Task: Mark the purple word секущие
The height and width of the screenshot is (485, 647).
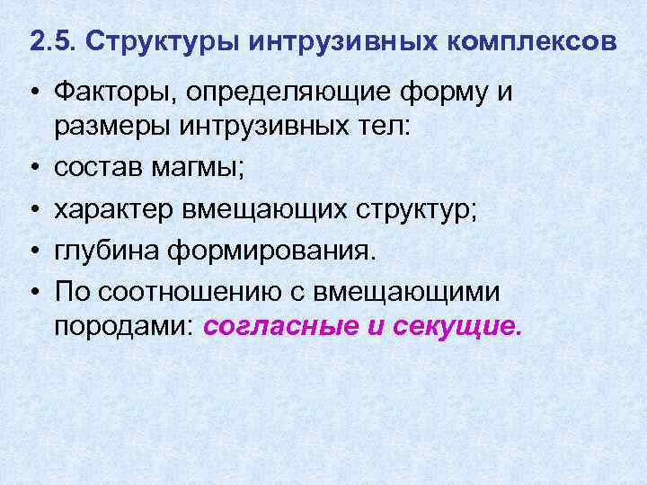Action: (x=456, y=326)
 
